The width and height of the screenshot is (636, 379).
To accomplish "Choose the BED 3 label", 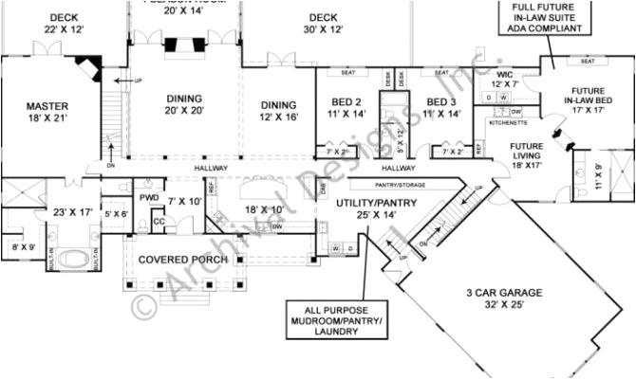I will pyautogui.click(x=443, y=107).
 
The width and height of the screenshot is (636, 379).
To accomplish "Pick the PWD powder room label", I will pyautogui.click(x=148, y=197).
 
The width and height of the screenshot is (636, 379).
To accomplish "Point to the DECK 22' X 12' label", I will pyautogui.click(x=64, y=23).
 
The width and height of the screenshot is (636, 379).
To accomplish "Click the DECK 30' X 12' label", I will pyautogui.click(x=324, y=23).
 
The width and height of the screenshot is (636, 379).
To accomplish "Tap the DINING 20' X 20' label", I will pyautogui.click(x=184, y=103).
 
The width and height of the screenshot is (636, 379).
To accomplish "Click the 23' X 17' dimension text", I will pyautogui.click(x=72, y=212).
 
